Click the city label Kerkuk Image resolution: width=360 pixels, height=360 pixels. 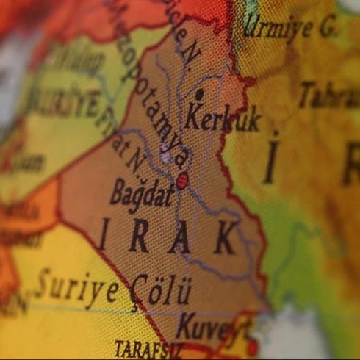coord(223,118)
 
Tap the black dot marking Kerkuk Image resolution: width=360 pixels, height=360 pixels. coord(199,94)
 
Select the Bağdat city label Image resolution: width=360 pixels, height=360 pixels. coord(142,194)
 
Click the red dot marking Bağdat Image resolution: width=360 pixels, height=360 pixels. coord(182,180)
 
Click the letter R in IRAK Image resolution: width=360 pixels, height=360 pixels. coord(139,237)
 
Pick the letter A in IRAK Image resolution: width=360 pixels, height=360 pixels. coord(180,238)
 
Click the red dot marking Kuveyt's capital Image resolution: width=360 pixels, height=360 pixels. coord(252,346)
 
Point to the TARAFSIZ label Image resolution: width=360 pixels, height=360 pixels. coord(148,348)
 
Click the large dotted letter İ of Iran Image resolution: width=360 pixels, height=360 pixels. coord(272,158)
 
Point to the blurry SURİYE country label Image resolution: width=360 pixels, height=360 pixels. coord(62,103)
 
